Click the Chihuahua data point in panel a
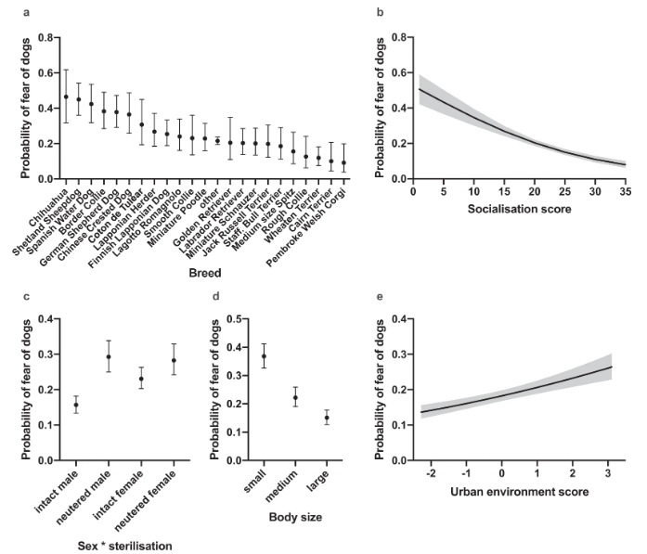click(x=66, y=97)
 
